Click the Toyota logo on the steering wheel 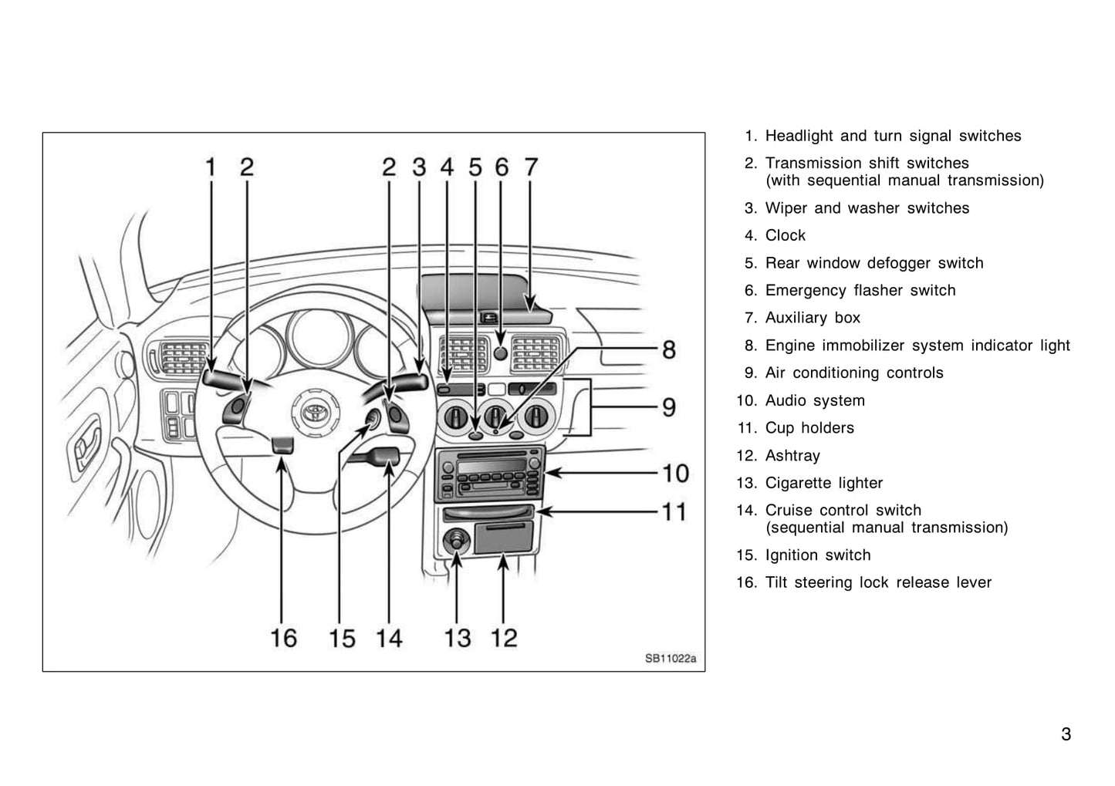pos(315,411)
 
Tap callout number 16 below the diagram pos(283,638)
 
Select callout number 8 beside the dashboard pos(669,349)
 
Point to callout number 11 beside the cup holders pos(674,511)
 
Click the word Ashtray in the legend pos(792,455)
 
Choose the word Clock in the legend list pos(785,234)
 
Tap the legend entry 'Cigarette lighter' pos(824,483)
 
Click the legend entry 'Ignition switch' pos(818,555)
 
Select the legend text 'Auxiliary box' pos(813,317)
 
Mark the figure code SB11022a pos(671,659)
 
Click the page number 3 pos(1066,734)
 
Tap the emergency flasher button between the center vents pos(500,353)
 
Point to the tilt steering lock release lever pos(282,447)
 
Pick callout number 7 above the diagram pos(531,167)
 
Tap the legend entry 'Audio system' pos(815,400)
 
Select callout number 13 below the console pos(457,638)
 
